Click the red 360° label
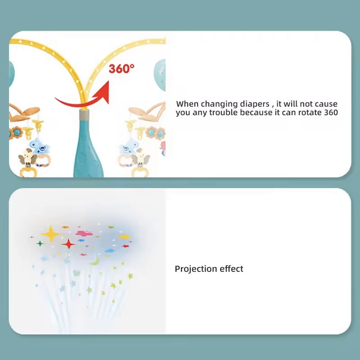(121, 68)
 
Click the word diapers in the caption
(254, 104)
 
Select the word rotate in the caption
(310, 112)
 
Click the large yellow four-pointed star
(51, 234)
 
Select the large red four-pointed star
(68, 244)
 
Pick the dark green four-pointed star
(40, 243)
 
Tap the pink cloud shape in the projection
(84, 234)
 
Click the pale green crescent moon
(95, 261)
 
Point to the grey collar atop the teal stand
(84, 115)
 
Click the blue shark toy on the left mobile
(39, 146)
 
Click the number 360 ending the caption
(331, 112)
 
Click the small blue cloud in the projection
(110, 251)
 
